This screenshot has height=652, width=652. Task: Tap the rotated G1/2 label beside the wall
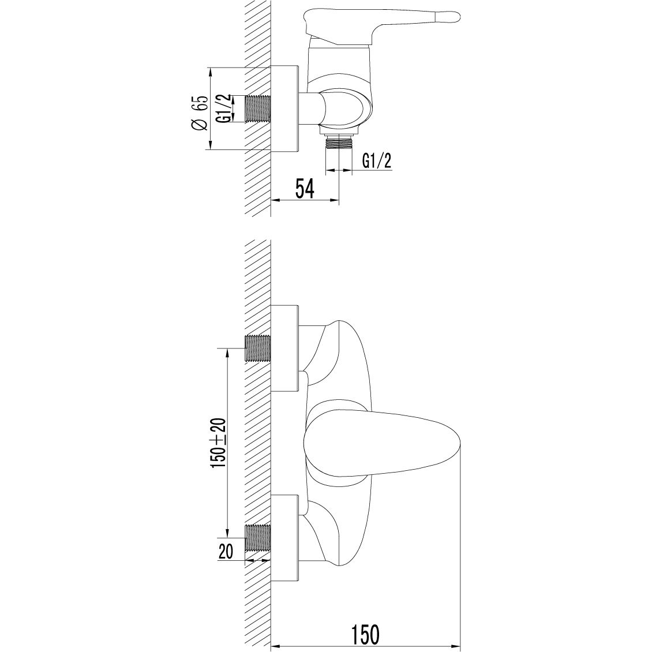coord(227,108)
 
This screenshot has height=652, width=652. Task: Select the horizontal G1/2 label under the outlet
coord(377,161)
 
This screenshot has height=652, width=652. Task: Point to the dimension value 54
coord(304,189)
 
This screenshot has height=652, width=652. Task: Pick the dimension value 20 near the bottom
coord(225,552)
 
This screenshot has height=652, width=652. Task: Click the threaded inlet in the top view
coord(258,108)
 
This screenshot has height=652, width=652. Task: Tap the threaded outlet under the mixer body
coord(339,143)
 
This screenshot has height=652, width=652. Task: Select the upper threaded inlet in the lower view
coord(258,347)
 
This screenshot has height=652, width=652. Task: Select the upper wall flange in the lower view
coord(285,349)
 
